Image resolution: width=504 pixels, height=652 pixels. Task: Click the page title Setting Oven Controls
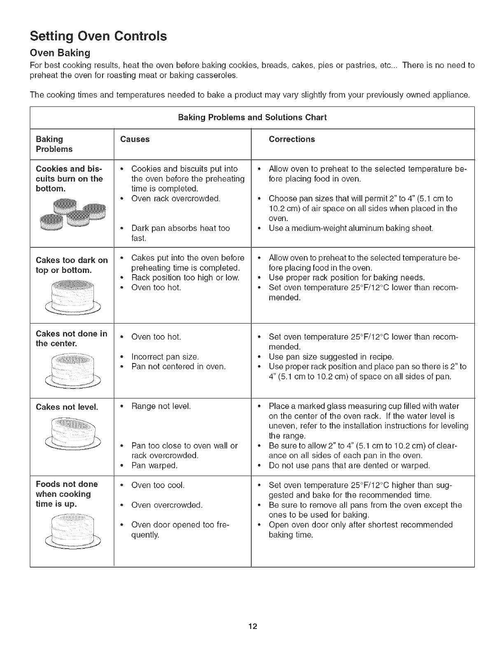click(x=98, y=36)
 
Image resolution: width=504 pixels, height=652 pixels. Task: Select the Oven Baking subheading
click(x=60, y=53)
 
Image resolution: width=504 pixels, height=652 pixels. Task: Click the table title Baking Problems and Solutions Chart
click(x=252, y=117)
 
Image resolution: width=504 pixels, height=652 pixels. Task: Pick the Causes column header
click(x=135, y=139)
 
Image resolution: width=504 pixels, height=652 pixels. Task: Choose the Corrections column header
click(x=292, y=139)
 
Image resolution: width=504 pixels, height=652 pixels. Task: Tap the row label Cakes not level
click(x=67, y=407)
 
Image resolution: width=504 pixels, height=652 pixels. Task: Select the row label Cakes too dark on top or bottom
click(x=72, y=265)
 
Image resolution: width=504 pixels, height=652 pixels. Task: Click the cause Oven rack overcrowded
click(x=176, y=198)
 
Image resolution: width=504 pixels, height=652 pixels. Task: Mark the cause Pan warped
click(x=154, y=466)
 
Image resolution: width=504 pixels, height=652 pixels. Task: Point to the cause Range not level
click(x=161, y=406)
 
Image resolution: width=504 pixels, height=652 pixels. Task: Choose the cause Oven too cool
click(x=158, y=485)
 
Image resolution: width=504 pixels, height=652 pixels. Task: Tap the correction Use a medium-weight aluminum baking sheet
click(x=351, y=228)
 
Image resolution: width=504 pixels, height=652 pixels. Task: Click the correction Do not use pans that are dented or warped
click(x=349, y=466)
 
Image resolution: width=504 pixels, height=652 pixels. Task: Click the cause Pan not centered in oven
click(x=178, y=366)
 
